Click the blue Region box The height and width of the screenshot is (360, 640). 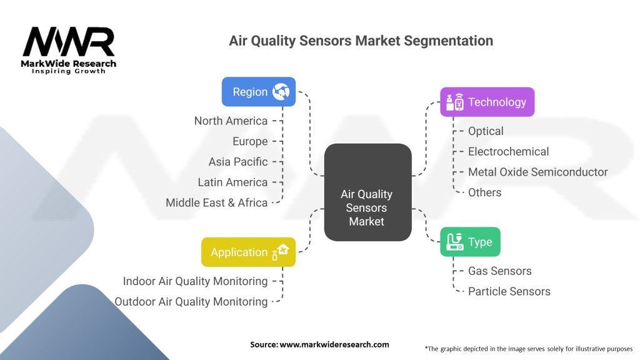pos(258,92)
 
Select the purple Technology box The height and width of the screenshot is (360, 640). pos(487,102)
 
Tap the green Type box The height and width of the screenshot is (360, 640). pos(470,242)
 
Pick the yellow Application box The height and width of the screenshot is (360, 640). pos(248,252)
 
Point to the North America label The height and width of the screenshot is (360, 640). pos(231,121)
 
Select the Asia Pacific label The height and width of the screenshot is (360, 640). pos(237,161)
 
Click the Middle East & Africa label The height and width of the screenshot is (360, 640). pos(216,202)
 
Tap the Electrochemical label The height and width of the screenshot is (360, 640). pos(508,151)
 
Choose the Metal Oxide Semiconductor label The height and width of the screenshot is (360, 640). pos(537,172)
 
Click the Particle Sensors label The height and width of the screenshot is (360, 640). pos(509,291)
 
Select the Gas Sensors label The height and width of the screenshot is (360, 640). pos(499,271)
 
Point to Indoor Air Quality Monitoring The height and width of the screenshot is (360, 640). pos(195,281)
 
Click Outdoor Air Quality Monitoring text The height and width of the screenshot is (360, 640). pos(191,301)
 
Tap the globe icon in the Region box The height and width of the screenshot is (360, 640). pos(281,92)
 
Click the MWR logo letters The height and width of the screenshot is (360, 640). pos(69,42)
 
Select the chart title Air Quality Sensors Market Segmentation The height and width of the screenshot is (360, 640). pos(361,41)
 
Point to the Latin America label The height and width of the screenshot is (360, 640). pos(232,182)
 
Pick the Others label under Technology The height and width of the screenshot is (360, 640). pos(484,192)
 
